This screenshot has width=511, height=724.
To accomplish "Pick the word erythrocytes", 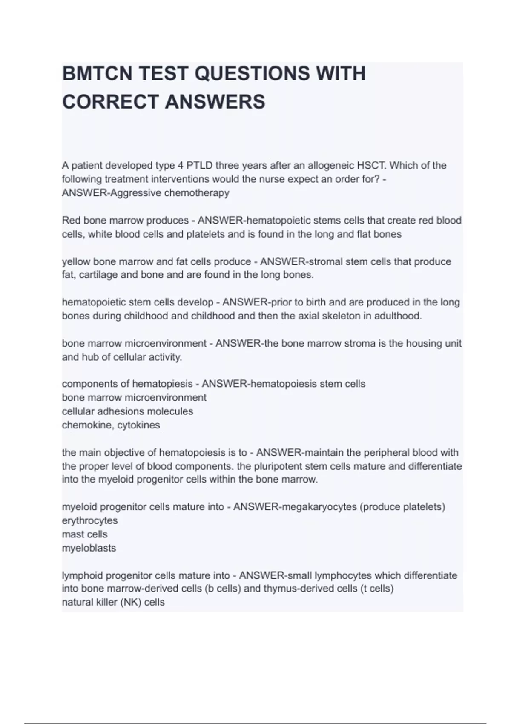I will coord(90,520).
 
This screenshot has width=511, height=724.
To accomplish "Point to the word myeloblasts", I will coord(89,548).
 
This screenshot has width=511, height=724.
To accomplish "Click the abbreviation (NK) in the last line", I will coord(123,603).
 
